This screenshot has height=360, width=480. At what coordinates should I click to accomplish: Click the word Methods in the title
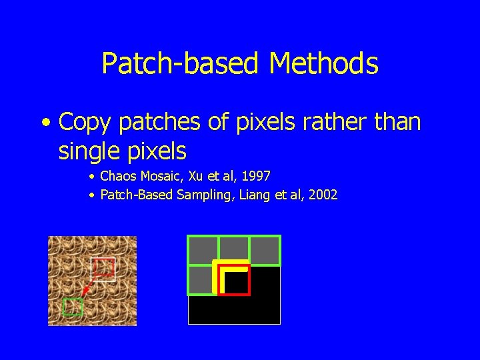pyautogui.click(x=323, y=64)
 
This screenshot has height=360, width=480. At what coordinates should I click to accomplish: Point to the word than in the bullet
pyautogui.click(x=395, y=122)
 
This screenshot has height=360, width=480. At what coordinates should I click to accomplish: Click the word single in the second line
pyautogui.click(x=89, y=151)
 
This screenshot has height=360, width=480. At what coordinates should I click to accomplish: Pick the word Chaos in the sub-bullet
pyautogui.click(x=117, y=177)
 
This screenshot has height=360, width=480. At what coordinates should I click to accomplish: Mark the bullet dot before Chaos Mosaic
pyautogui.click(x=92, y=177)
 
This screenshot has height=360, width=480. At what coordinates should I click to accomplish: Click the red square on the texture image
pyautogui.click(x=104, y=269)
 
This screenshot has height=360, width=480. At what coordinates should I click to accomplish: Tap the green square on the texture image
pyautogui.click(x=72, y=307)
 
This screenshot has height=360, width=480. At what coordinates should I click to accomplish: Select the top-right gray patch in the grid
pyautogui.click(x=265, y=251)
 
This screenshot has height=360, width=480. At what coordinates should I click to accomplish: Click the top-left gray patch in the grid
pyautogui.click(x=203, y=251)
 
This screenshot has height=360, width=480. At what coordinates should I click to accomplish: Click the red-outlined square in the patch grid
pyautogui.click(x=234, y=280)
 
